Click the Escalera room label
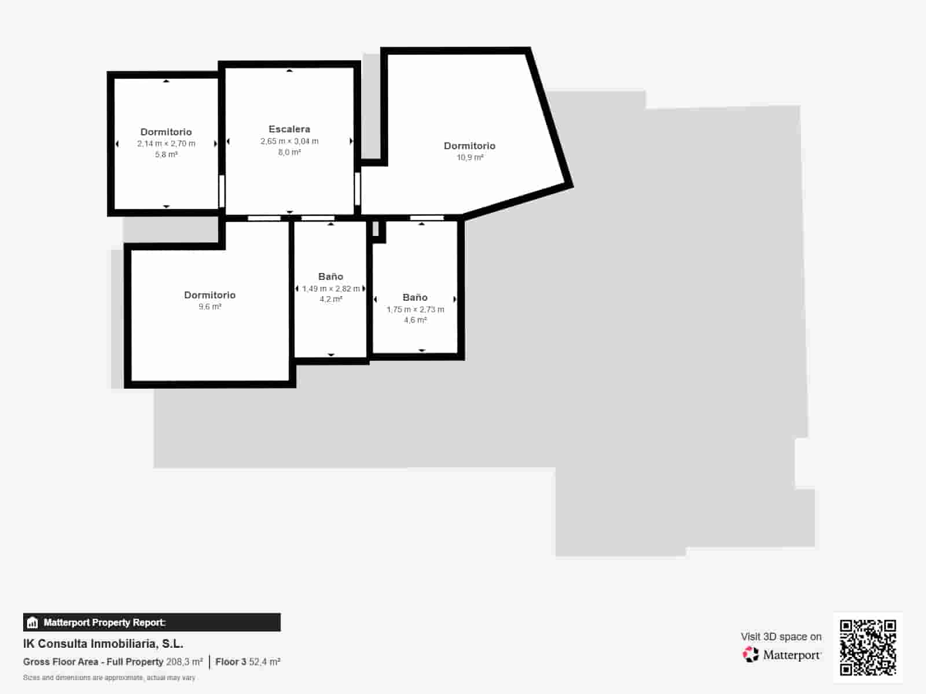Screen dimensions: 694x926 (x=289, y=129)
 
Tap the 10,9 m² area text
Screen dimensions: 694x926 (x=470, y=157)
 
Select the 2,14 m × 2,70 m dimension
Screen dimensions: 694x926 (x=166, y=143)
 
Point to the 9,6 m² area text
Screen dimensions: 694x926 (x=210, y=307)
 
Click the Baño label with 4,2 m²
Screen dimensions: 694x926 (x=330, y=276)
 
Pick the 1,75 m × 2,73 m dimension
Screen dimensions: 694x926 (x=416, y=309)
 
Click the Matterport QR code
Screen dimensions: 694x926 (x=868, y=647)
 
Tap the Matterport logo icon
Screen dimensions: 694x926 (x=751, y=655)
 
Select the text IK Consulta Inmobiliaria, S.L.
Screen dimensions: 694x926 (x=103, y=644)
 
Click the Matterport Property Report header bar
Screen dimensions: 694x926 (x=152, y=622)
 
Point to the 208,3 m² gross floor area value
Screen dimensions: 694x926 (x=184, y=662)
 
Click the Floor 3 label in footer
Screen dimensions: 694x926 (x=230, y=662)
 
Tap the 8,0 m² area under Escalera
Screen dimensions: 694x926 (x=289, y=152)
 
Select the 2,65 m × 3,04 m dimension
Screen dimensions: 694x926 (x=289, y=141)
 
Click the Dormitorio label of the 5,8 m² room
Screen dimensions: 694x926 (x=166, y=132)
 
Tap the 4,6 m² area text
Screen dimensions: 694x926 (x=416, y=320)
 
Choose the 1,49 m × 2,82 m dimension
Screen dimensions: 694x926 (x=330, y=289)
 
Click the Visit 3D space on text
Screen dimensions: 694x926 (x=781, y=636)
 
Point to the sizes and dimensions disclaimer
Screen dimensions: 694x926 (x=109, y=677)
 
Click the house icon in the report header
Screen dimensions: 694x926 (x=32, y=623)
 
